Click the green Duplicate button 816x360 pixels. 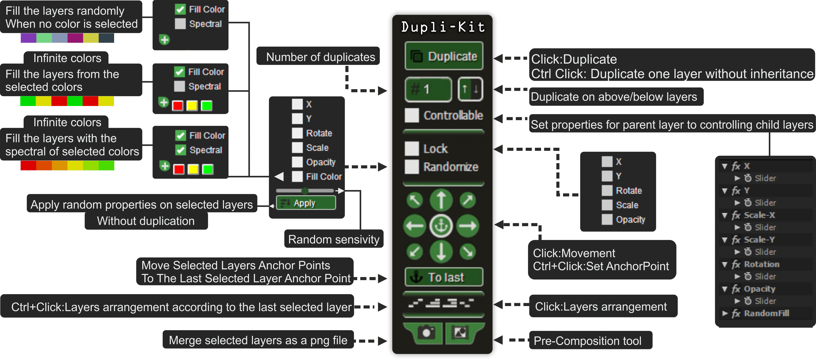[444, 56]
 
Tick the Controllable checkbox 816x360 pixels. [412, 115]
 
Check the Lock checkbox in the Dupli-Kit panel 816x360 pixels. [412, 149]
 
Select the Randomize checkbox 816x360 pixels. [412, 167]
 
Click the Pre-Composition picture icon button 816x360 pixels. [460, 333]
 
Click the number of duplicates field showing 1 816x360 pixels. [428, 89]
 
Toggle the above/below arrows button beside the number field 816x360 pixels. [470, 89]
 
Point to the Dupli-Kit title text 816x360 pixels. [443, 27]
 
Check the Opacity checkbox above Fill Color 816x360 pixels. [297, 162]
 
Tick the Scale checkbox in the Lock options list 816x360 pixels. [607, 205]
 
